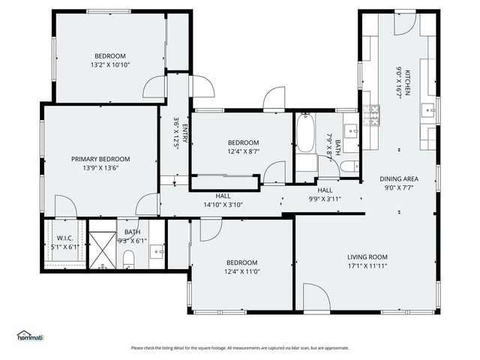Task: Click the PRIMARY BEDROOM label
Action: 100,159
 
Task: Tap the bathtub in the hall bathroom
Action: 304,133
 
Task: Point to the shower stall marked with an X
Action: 101,245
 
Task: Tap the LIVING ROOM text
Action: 367,256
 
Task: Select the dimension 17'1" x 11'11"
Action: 367,265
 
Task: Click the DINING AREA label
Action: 398,178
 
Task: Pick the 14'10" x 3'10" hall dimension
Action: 223,204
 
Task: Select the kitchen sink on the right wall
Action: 430,110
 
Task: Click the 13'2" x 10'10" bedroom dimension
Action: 109,64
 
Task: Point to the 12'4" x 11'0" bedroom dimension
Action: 241,271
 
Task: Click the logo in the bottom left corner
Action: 30,336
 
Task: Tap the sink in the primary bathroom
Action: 157,250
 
